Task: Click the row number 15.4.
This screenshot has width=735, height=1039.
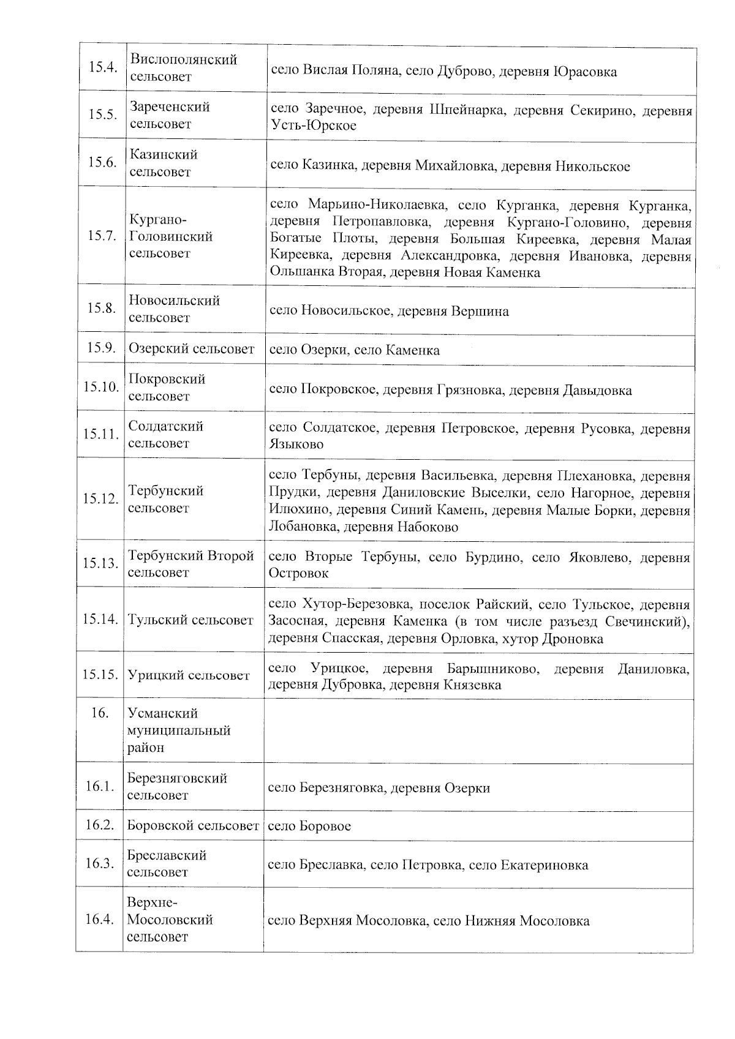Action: [102, 67]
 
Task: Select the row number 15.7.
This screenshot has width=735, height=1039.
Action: [102, 236]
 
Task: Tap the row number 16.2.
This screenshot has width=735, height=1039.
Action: [100, 825]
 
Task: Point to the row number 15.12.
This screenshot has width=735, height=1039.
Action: [100, 499]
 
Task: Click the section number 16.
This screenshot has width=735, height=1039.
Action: [99, 713]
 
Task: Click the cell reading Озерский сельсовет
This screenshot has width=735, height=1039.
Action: [192, 349]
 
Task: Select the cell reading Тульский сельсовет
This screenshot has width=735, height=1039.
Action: [190, 620]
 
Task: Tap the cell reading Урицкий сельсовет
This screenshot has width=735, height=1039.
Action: [189, 675]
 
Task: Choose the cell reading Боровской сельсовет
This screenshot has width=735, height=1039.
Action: [193, 826]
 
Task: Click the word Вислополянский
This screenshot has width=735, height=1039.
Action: [184, 60]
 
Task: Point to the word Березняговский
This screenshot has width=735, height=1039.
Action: [177, 778]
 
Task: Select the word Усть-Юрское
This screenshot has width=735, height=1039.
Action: [313, 126]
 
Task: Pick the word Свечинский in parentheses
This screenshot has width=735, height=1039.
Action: [646, 622]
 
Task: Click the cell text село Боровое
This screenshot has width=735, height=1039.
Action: [309, 826]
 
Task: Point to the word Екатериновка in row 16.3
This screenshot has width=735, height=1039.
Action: [545, 865]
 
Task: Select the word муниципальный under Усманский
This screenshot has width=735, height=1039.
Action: [179, 730]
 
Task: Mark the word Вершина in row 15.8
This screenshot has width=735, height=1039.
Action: [480, 311]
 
